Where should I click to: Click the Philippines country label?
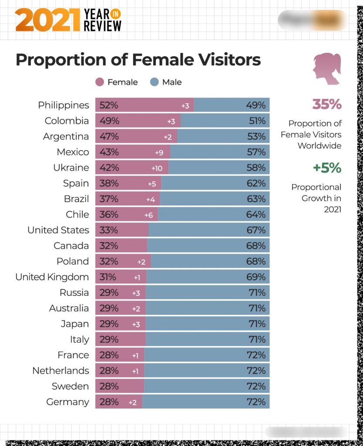tap(64, 105)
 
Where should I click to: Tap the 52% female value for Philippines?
tap(109, 105)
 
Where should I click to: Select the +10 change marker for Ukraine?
tap(157, 168)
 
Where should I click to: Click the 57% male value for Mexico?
tap(256, 152)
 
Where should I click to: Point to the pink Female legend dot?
tap(100, 82)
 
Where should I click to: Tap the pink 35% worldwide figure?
tap(326, 105)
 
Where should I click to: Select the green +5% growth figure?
tap(327, 168)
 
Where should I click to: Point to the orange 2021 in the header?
tap(47, 21)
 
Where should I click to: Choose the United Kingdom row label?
tap(52, 277)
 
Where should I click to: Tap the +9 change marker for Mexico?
tap(159, 152)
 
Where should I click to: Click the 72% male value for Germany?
tap(256, 402)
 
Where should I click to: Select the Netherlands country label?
tap(60, 371)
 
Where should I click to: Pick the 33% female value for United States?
tap(109, 230)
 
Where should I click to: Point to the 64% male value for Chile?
tap(256, 215)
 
